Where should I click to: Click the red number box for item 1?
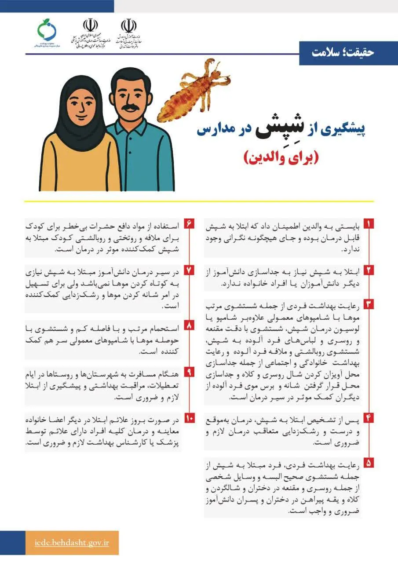tap(369, 224)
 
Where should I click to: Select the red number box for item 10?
tap(189, 418)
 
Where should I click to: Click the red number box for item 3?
tap(369, 304)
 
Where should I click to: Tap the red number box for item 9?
tap(189, 372)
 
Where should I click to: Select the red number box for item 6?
tap(189, 224)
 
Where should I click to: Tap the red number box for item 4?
tap(369, 417)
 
